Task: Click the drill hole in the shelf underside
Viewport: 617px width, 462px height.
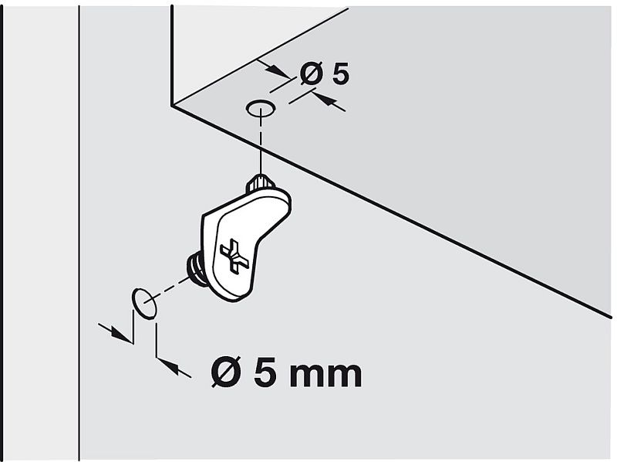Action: point(261,108)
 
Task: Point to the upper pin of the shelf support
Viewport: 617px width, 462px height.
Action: point(261,182)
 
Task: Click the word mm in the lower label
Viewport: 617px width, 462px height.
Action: point(324,374)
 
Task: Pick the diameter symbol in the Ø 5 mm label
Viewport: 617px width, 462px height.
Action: point(228,373)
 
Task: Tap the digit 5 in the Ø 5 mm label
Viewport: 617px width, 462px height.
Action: point(265,373)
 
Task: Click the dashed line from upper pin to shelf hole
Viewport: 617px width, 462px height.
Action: point(261,147)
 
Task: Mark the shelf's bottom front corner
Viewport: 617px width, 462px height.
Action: point(172,106)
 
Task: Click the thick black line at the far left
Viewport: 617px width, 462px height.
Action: point(2,232)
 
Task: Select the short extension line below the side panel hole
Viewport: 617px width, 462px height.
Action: point(157,339)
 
